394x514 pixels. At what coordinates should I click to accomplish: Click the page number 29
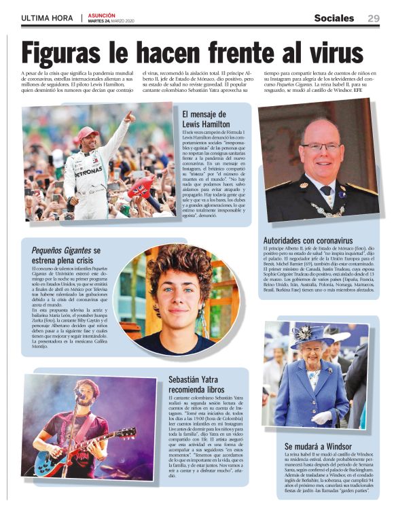coord(373,18)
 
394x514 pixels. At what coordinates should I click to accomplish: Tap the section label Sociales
coord(334,18)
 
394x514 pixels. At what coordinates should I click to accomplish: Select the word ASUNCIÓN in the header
coord(102,13)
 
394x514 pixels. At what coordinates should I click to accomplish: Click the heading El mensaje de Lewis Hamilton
coord(207,118)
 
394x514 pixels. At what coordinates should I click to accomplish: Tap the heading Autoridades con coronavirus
coord(308,241)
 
